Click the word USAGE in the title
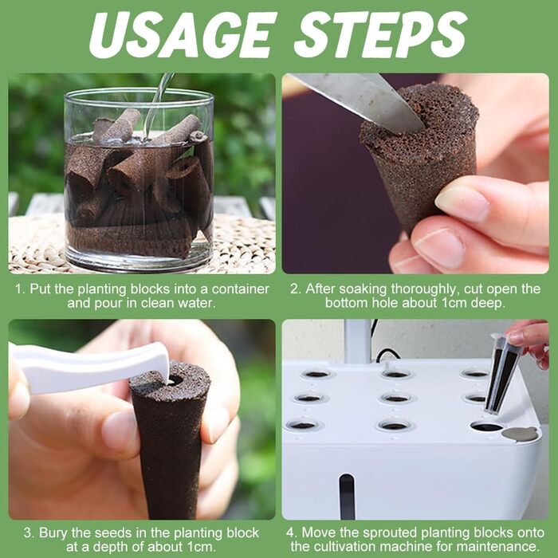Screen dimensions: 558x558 [x=183, y=35]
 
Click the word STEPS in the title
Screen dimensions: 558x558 [x=381, y=35]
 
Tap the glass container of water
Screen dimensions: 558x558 [x=139, y=179]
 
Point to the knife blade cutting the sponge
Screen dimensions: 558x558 [x=360, y=100]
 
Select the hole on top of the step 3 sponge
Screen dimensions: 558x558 [x=175, y=379]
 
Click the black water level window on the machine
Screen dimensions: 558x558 [x=347, y=497]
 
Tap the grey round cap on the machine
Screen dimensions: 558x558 [x=520, y=434]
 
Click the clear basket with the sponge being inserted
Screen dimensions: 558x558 [x=501, y=374]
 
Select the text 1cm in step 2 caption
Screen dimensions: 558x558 [x=454, y=303]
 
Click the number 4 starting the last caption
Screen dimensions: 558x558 [x=292, y=533]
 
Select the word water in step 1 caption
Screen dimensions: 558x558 [x=198, y=303]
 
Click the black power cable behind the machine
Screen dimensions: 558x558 [x=386, y=355]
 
